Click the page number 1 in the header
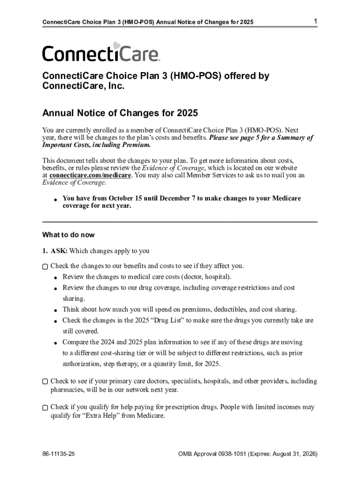(316, 22)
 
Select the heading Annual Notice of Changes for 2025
(120, 113)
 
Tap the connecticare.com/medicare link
(90, 175)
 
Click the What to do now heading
(68, 235)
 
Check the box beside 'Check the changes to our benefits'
(45, 267)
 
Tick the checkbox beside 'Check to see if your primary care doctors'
(45, 382)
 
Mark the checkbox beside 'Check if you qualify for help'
(45, 408)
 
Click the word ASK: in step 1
(58, 251)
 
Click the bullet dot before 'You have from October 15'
(55, 200)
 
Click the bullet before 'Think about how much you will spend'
(55, 310)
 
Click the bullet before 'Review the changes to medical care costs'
(55, 277)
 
